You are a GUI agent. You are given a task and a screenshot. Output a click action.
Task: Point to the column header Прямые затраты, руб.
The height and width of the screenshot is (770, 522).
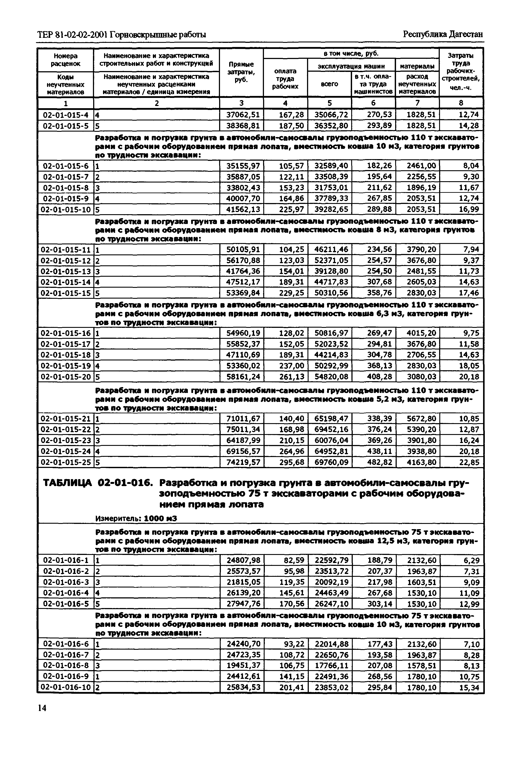point(241,72)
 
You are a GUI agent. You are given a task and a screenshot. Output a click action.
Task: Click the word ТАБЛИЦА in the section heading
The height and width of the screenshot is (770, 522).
point(67,483)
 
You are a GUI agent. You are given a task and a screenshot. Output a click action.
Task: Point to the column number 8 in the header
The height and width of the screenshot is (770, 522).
point(461,103)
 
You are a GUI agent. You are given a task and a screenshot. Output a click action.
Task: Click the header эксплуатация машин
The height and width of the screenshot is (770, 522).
point(351,66)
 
